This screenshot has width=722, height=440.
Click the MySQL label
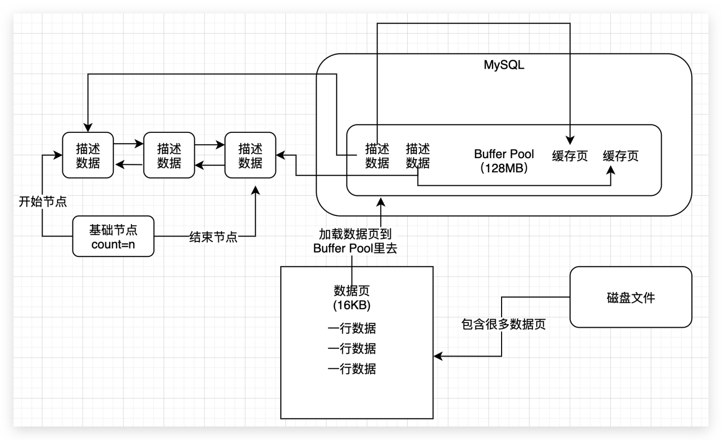(503, 65)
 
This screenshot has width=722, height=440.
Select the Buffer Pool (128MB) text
(503, 161)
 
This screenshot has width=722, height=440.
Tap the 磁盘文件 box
(631, 297)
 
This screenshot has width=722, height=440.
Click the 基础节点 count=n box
(113, 237)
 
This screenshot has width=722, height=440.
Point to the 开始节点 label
(42, 201)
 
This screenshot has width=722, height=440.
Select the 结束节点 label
(213, 237)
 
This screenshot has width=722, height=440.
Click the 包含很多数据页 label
(503, 324)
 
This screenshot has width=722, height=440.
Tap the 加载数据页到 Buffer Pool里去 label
(355, 241)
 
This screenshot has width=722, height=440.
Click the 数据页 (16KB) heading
(352, 298)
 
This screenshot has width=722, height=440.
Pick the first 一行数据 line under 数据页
(352, 328)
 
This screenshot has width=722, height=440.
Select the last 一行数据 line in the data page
(352, 369)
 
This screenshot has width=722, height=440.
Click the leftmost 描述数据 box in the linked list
(88, 155)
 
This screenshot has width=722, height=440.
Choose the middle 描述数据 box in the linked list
(169, 155)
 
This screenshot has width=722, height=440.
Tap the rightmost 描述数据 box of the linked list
(250, 155)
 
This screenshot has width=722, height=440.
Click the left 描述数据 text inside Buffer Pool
(377, 156)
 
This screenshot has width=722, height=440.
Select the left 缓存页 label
(570, 156)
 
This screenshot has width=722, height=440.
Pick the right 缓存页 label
(620, 156)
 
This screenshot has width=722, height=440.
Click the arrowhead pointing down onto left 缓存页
(570, 140)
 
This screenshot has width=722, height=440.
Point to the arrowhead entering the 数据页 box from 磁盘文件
(438, 356)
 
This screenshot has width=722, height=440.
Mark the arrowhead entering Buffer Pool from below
(381, 201)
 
